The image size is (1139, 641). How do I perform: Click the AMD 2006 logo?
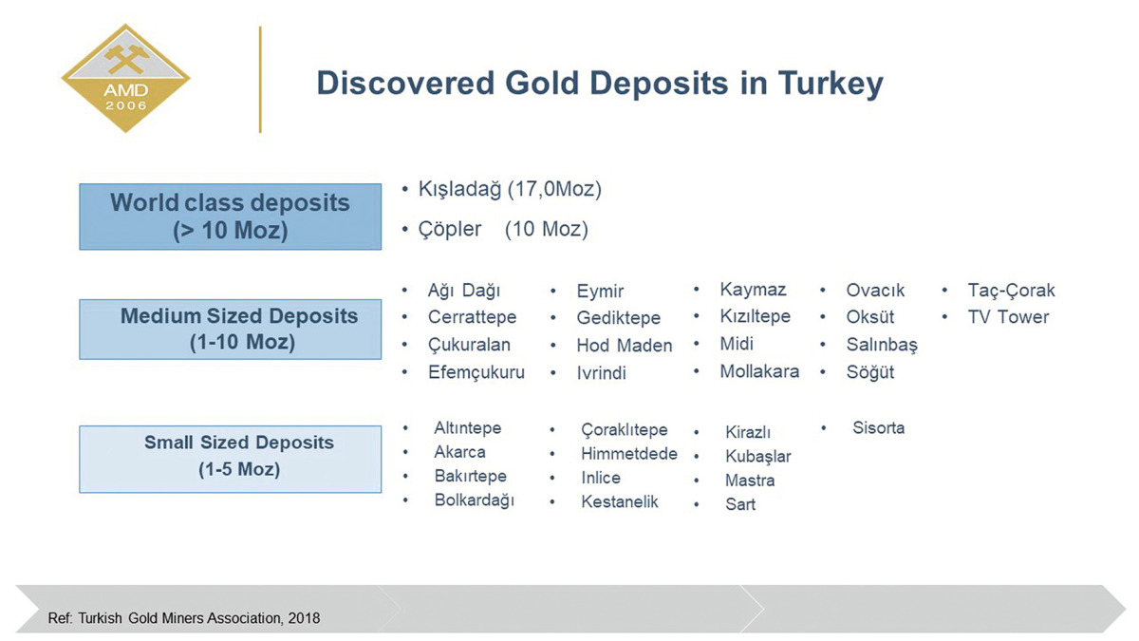pos(125,79)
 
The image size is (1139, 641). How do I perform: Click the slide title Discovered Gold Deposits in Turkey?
pos(599,83)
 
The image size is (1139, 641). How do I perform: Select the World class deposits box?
pos(230,216)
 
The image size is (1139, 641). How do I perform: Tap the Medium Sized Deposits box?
pos(230,329)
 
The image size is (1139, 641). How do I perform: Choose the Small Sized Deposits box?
pos(230,457)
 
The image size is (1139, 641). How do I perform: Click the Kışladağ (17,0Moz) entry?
pos(510,189)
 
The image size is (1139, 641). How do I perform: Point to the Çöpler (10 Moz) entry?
pos(503,229)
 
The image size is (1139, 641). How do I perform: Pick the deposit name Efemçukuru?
pos(476,372)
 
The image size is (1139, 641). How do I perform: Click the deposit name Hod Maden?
pos(624,346)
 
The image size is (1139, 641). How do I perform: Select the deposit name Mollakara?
pos(758,371)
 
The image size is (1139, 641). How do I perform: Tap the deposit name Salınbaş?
pos(882,345)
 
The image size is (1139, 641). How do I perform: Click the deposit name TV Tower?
pos(1008,317)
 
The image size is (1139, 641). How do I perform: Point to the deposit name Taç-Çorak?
pos(1011,291)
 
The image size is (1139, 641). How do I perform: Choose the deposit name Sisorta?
pos(878,428)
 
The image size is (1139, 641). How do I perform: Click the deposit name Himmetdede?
pos(628,454)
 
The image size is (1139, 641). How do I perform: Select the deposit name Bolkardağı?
pos(474,500)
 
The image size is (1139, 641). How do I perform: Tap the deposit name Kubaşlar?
pos(757,457)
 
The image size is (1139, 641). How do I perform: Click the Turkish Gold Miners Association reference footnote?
pos(184,618)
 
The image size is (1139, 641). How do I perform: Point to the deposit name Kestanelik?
pos(619,501)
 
